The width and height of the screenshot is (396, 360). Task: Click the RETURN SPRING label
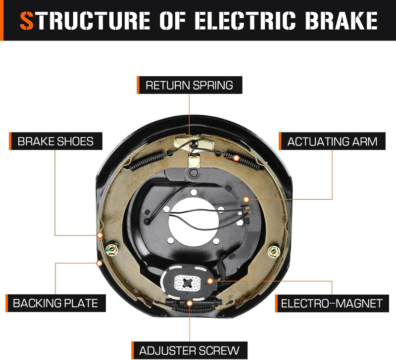[189, 85]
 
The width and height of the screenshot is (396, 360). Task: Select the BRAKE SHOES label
[55, 141]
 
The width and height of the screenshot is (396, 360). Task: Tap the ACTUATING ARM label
[332, 141]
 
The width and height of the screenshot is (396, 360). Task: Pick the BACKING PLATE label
[55, 302]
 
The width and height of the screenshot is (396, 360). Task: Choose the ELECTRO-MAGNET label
[332, 303]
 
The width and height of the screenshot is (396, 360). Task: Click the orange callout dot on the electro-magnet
[210, 281]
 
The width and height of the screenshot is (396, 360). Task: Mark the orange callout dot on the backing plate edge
[99, 262]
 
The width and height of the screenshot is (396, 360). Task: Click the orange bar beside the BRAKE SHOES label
[11, 141]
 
